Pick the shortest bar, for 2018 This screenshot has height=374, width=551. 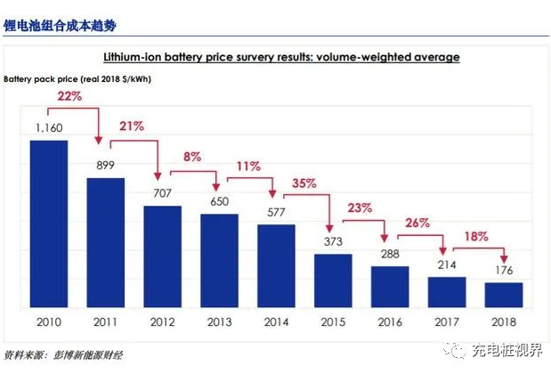[504, 293]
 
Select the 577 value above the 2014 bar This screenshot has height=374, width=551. [276, 212]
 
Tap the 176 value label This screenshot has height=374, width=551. [504, 270]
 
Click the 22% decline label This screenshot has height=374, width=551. [69, 95]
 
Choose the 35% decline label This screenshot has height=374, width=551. [304, 183]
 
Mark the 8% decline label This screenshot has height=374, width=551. [192, 156]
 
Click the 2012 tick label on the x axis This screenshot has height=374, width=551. [162, 322]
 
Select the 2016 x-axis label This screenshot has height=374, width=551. [390, 322]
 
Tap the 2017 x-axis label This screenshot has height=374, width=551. [447, 322]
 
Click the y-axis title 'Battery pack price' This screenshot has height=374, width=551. [40, 80]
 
